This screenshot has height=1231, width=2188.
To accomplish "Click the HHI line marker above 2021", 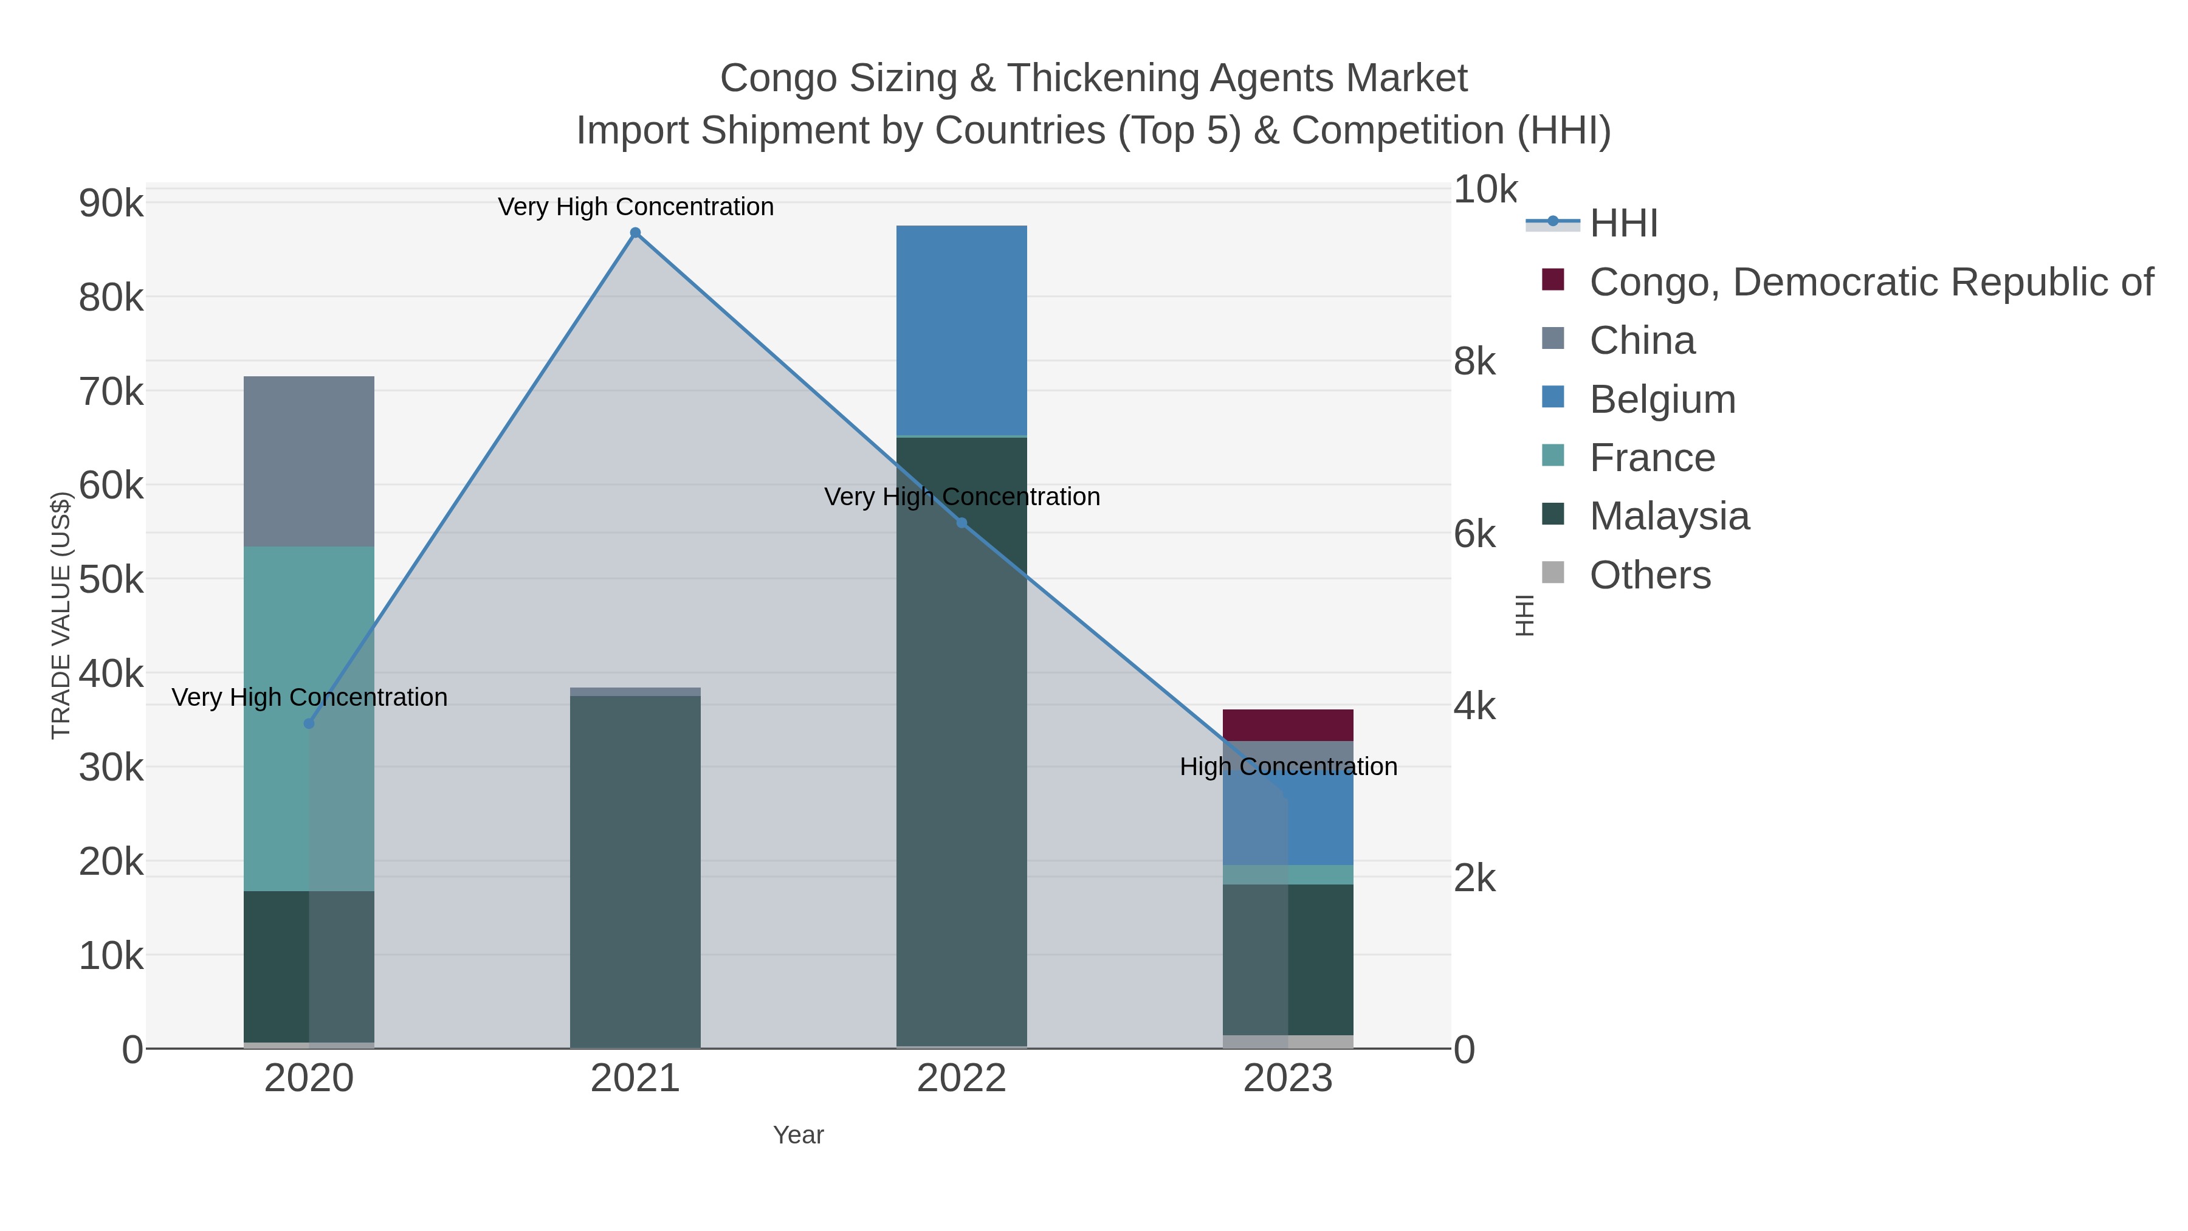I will click(635, 233).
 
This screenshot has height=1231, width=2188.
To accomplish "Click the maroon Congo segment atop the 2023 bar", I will click(1288, 725).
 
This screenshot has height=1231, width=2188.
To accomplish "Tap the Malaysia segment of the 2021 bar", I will click(635, 871).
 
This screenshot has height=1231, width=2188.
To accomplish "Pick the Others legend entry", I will click(1649, 575).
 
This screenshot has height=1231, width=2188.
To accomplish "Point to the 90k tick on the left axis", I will click(111, 204).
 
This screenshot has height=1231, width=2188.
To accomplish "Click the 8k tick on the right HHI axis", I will click(1474, 362).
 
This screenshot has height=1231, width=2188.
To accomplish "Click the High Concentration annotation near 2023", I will click(1288, 767).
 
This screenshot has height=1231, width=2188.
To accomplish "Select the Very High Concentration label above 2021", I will click(635, 207).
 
